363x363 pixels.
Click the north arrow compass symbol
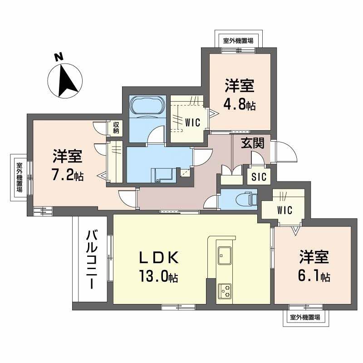[65, 80]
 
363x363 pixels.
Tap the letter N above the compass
[58, 57]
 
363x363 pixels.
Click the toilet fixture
[247, 199]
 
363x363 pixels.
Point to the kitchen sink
[225, 255]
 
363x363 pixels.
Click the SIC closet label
[259, 176]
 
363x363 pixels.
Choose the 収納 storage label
[116, 128]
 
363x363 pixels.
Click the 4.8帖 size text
[239, 104]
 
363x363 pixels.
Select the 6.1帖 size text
[314, 275]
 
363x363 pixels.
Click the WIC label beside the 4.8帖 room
[192, 122]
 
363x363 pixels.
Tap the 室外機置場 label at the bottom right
[304, 318]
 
